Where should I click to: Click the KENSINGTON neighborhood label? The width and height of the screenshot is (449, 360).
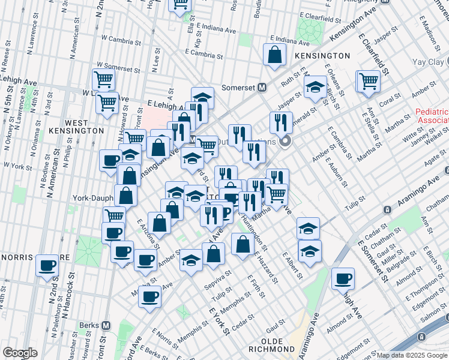coord(322,55)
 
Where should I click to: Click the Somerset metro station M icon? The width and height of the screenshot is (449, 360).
coord(262,87)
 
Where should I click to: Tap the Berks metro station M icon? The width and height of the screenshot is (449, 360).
coord(106,325)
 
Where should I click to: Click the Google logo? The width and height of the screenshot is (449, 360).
coord(20,353)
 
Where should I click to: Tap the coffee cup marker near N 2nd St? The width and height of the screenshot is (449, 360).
coord(46,265)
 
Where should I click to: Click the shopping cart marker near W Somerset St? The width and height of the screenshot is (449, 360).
coord(103,79)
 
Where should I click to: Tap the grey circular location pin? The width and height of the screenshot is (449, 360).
coord(286,142)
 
